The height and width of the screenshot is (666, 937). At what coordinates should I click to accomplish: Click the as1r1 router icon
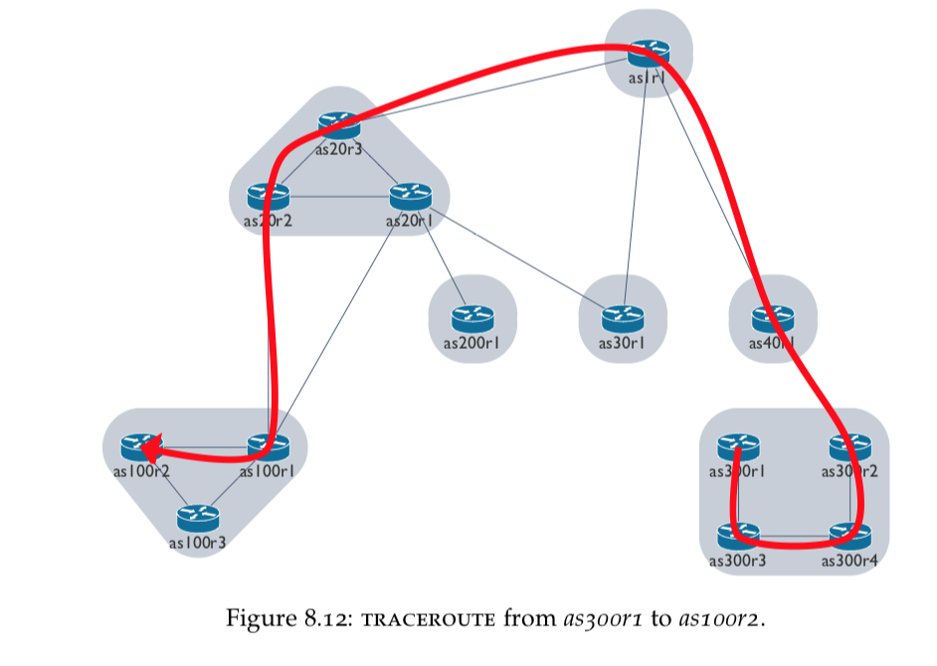point(649,53)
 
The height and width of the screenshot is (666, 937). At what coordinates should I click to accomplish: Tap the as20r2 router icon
point(267,196)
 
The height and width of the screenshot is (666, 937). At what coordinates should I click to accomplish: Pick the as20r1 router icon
point(408,196)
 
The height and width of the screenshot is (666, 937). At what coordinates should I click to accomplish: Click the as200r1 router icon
point(471,319)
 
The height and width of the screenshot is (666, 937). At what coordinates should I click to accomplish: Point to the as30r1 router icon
point(623,319)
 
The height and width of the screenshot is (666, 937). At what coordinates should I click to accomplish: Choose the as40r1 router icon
point(773,319)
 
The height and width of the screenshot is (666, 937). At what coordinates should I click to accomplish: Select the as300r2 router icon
point(850,446)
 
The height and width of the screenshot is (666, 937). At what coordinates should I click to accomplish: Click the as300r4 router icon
point(850,538)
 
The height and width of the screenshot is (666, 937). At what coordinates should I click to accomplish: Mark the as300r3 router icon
point(737,538)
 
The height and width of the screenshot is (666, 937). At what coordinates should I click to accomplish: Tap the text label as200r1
point(471,344)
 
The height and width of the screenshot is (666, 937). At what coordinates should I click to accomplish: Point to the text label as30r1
point(623,344)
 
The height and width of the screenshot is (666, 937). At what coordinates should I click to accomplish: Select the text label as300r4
point(850,562)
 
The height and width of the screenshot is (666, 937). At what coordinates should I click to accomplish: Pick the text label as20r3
point(337,150)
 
